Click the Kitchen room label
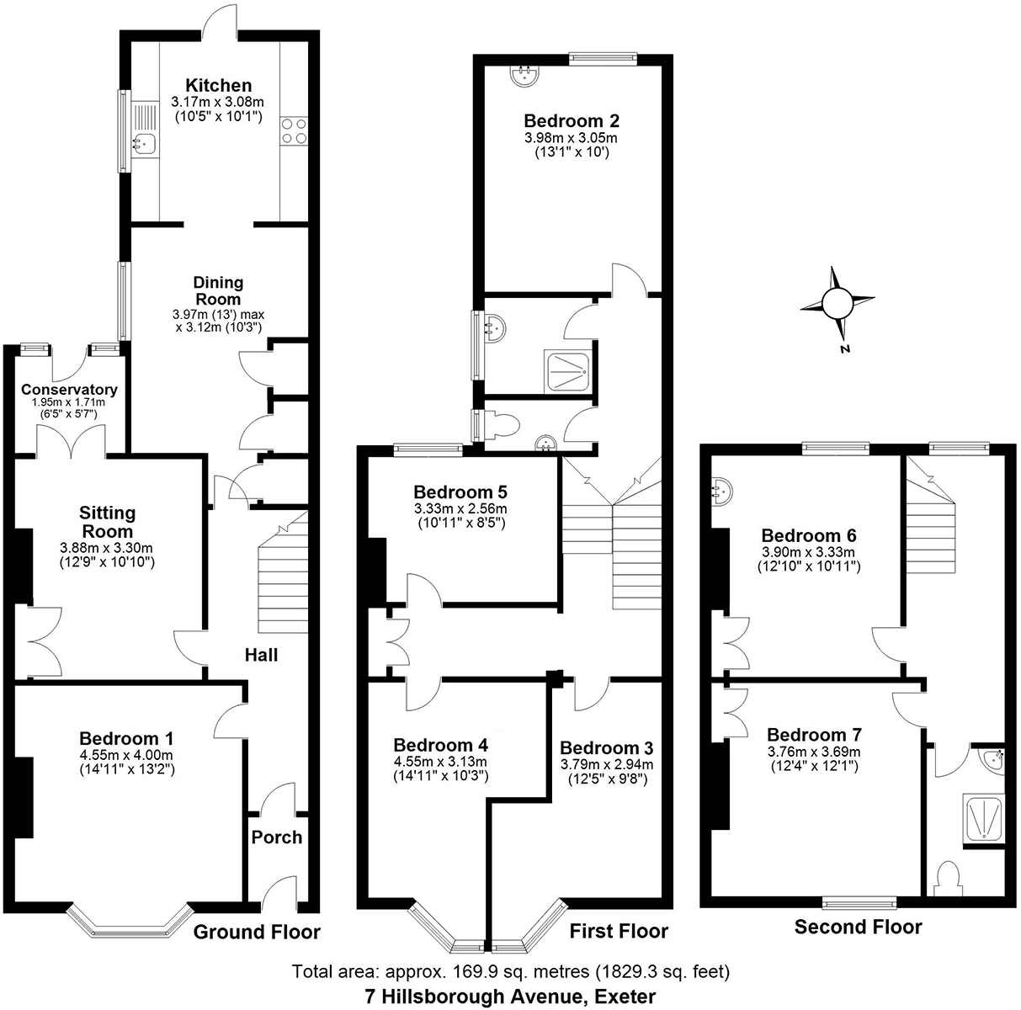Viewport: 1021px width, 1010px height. coord(218,85)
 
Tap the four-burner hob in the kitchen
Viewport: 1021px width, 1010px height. coord(294,131)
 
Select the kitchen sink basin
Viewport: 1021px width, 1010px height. coord(144,143)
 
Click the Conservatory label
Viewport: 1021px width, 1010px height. coord(69,390)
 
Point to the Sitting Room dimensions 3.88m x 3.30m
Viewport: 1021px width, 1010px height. coord(107,548)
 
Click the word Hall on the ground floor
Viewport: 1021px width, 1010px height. coord(261,655)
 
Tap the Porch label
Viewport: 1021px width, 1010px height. coord(277,837)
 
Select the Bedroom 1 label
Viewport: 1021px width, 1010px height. coord(126,738)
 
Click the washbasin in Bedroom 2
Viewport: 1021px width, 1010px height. coord(525,74)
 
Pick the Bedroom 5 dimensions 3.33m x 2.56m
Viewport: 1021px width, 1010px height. coord(460,508)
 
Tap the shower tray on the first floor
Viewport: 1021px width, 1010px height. coord(567,371)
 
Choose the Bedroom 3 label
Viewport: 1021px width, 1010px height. coord(607,747)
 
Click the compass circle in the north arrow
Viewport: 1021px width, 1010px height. coord(838,302)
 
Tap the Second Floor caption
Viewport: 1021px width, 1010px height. coord(859,927)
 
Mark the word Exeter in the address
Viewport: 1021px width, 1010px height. coord(625,997)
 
